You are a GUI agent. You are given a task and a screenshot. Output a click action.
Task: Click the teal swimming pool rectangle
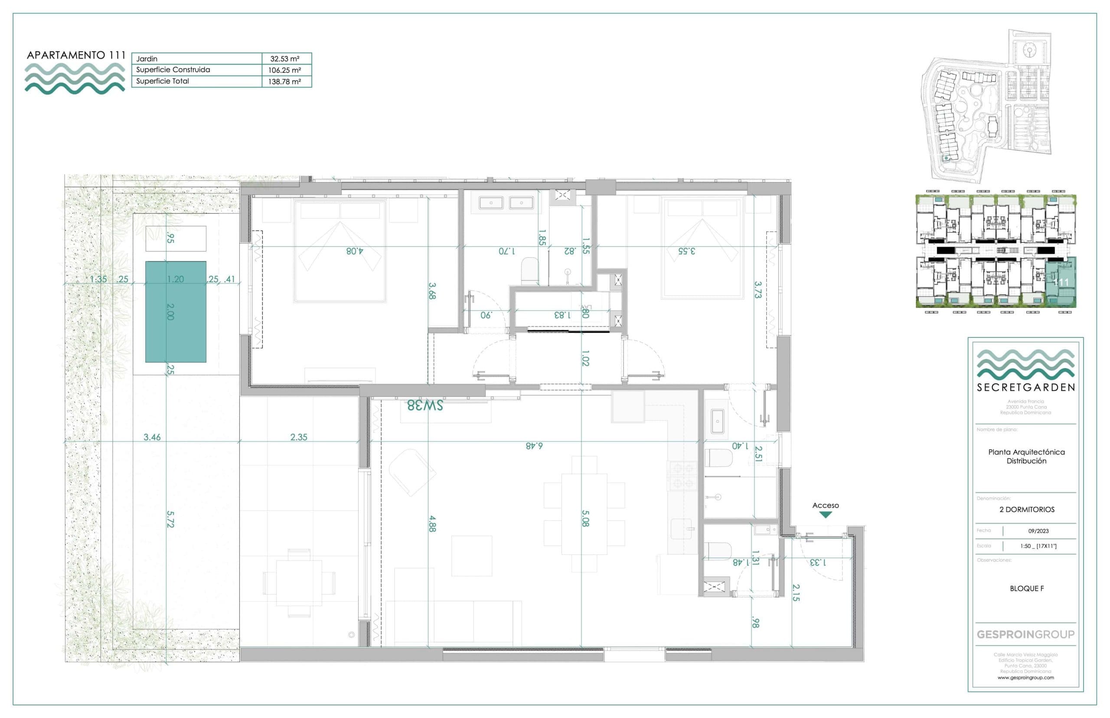pyautogui.click(x=175, y=311)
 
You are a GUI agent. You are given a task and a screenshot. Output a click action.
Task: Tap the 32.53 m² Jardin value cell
pyautogui.click(x=284, y=59)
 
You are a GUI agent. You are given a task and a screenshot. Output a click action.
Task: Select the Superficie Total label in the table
pyautogui.click(x=162, y=81)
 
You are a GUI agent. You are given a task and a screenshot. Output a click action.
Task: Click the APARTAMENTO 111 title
pyautogui.click(x=76, y=55)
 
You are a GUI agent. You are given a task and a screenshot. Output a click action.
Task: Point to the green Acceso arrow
pyautogui.click(x=825, y=515)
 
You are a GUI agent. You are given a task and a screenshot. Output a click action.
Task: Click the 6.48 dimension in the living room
pyautogui.click(x=534, y=446)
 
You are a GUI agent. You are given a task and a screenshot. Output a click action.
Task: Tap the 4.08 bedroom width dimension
pyautogui.click(x=354, y=251)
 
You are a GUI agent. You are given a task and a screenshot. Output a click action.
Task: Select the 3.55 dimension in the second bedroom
pyautogui.click(x=686, y=251)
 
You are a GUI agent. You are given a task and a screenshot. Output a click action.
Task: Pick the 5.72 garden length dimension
pyautogui.click(x=170, y=519)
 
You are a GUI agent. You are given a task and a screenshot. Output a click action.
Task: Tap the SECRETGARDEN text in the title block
pyautogui.click(x=1025, y=388)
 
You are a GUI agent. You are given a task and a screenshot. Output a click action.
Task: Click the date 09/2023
pyautogui.click(x=1038, y=531)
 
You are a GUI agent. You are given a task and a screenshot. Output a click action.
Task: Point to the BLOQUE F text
pyautogui.click(x=1027, y=588)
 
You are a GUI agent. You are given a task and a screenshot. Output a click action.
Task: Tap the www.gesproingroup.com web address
pyautogui.click(x=1025, y=678)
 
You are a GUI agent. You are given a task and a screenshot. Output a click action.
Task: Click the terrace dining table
pyautogui.click(x=299, y=583)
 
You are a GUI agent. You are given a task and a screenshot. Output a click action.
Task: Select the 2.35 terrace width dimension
pyautogui.click(x=298, y=437)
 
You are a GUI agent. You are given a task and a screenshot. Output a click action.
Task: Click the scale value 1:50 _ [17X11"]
pyautogui.click(x=1038, y=546)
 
